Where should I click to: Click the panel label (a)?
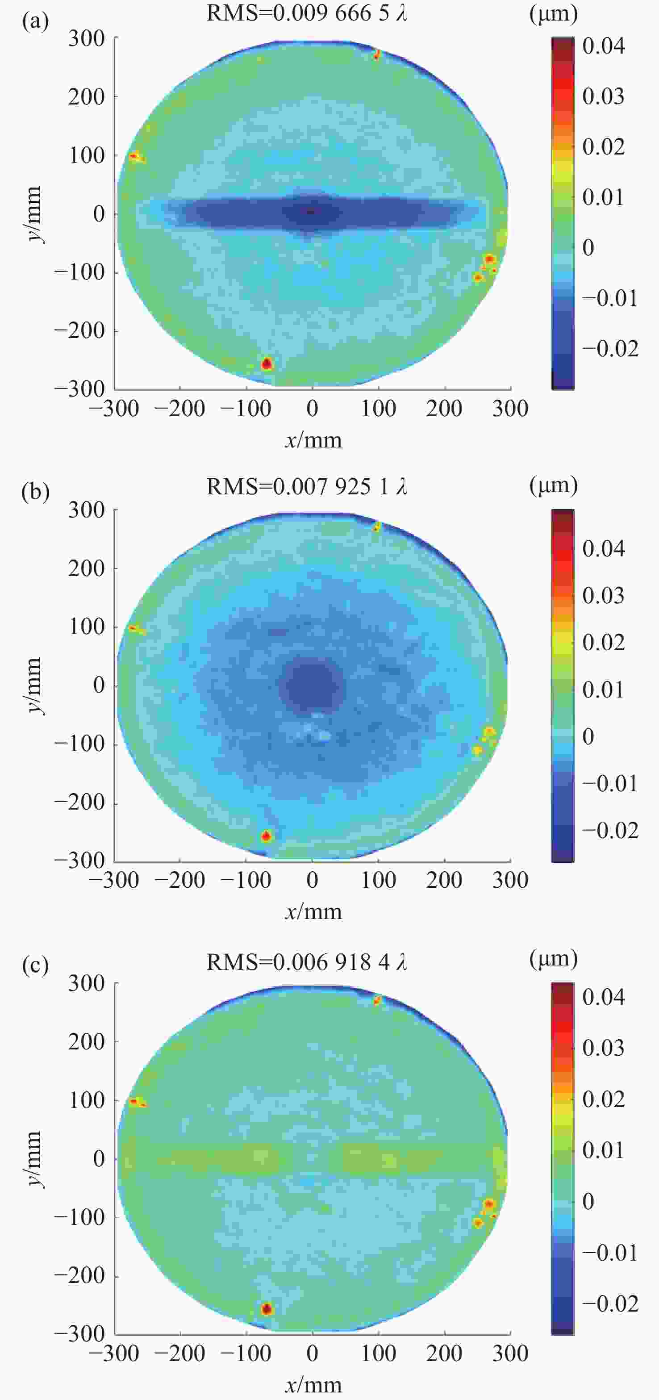click(35, 22)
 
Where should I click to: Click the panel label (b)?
click(35, 492)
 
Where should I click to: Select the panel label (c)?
click(35, 965)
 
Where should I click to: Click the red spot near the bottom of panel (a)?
click(267, 364)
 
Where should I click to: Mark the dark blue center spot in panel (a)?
click(311, 211)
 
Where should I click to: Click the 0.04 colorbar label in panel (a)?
click(604, 46)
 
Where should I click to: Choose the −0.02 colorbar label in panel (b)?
click(610, 830)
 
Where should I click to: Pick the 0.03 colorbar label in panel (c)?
click(604, 1047)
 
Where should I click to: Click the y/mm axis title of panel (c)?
click(33, 1159)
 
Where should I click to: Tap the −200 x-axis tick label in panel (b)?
click(179, 880)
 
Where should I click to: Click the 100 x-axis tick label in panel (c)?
click(379, 1353)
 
